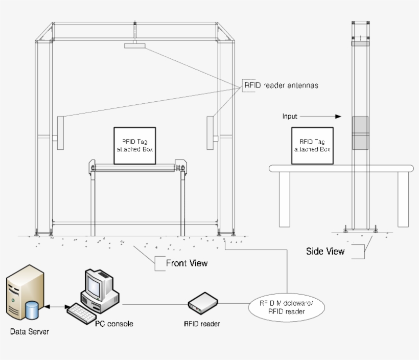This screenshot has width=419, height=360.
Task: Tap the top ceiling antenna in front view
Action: (x=134, y=46)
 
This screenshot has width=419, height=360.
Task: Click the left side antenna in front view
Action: (x=60, y=132)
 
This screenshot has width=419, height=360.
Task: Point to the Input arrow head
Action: (x=338, y=117)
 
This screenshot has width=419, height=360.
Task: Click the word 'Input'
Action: (x=290, y=117)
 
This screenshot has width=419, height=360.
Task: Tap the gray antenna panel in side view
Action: (x=360, y=133)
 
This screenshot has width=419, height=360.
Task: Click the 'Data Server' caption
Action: (x=30, y=332)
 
